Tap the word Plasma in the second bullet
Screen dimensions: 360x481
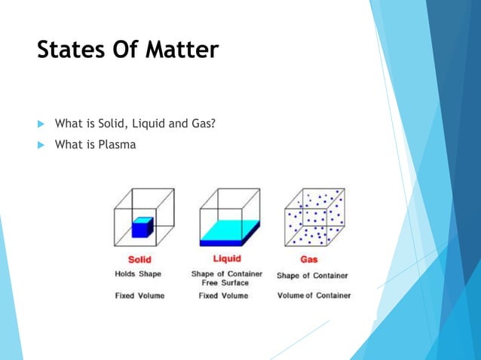click(x=117, y=144)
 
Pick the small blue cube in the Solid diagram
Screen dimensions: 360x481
click(x=142, y=227)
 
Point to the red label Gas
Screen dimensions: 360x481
click(x=309, y=260)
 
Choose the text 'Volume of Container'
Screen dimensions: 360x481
click(x=314, y=295)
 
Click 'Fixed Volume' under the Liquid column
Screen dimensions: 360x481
click(x=223, y=295)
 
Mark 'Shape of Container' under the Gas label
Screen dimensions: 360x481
click(x=312, y=275)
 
